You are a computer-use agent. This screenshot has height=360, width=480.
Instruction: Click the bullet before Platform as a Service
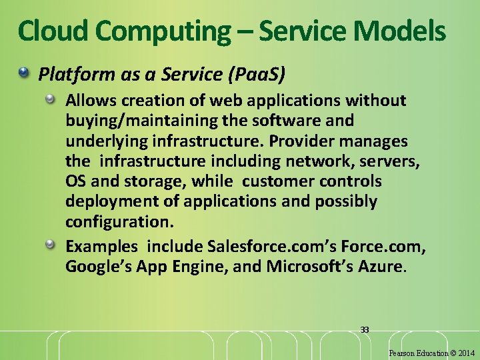click(x=25, y=71)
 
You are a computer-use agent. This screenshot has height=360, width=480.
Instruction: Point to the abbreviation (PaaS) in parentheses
click(x=257, y=75)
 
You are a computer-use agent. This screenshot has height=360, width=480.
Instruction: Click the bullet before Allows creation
click(x=51, y=99)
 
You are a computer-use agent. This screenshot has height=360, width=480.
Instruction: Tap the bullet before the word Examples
click(x=51, y=246)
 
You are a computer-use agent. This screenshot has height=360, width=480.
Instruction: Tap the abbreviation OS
click(x=76, y=181)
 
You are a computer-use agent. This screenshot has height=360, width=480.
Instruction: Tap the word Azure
click(x=381, y=267)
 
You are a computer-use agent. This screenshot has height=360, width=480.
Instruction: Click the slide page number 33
click(x=365, y=329)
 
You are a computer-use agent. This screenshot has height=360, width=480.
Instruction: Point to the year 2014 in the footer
click(x=465, y=353)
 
